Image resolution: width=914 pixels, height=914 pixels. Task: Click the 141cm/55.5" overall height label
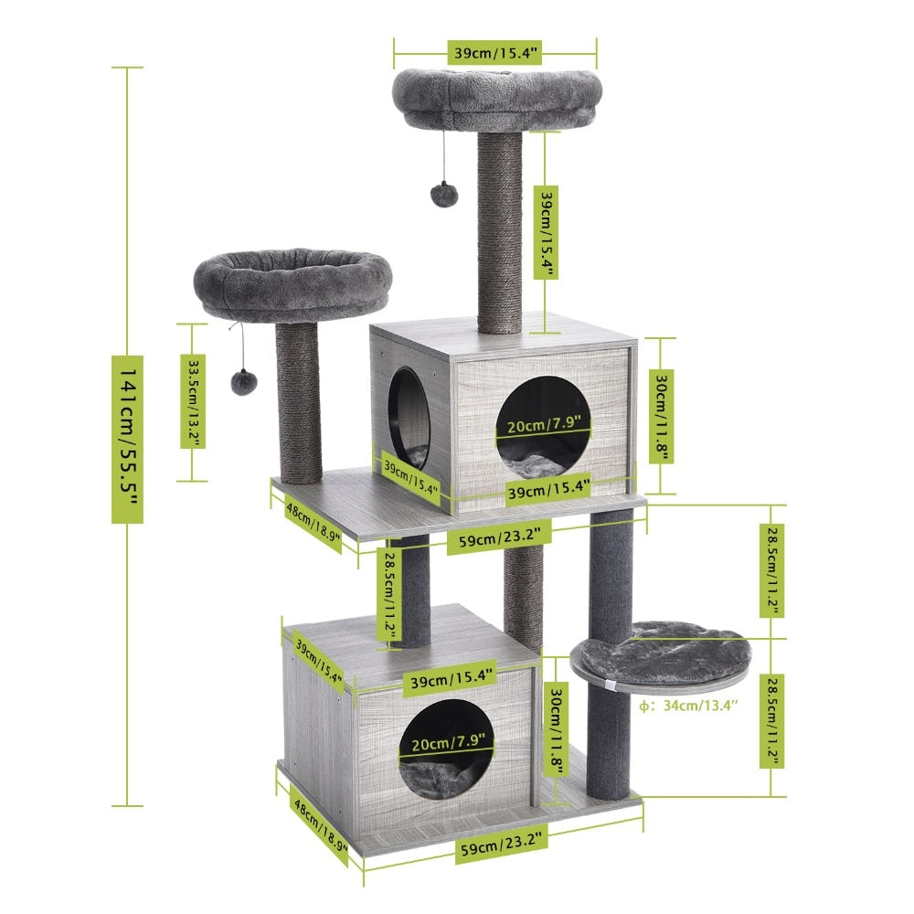[127, 437]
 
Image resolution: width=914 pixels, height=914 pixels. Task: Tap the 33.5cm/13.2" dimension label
[193, 401]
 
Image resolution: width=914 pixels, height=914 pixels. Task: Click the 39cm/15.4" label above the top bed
[494, 53]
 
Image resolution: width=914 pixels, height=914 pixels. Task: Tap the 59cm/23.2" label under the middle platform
[503, 539]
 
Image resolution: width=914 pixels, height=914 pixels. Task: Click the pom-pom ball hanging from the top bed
[443, 193]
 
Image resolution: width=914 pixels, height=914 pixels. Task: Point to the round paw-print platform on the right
[660, 652]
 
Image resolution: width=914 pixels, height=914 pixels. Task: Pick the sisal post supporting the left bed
[300, 402]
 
